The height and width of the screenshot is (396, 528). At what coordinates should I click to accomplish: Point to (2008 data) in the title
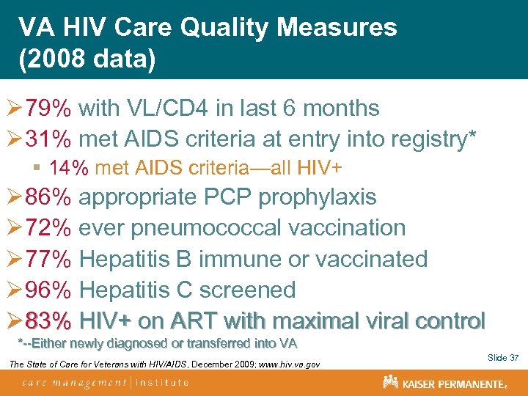click(87, 59)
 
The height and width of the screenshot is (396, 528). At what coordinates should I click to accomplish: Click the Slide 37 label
click(503, 357)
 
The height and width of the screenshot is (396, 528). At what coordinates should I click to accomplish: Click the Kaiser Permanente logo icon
click(391, 382)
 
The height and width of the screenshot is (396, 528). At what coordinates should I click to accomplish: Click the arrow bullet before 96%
click(14, 290)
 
